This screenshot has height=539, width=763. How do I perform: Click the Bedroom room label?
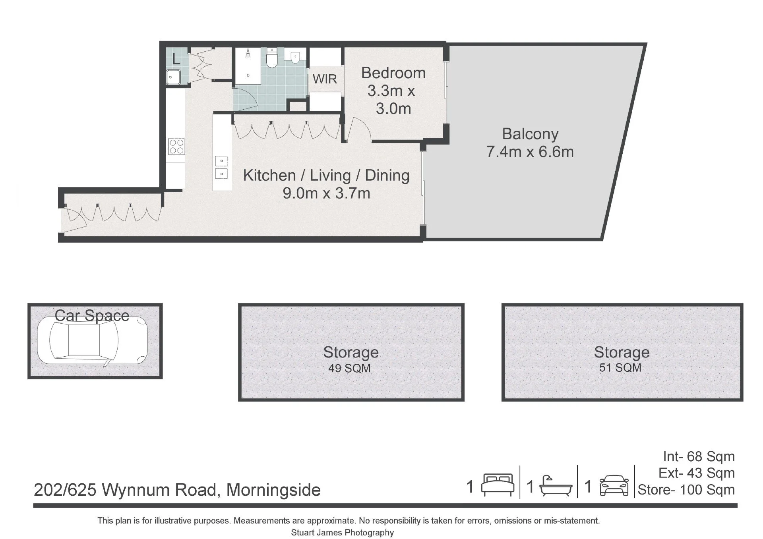[x=393, y=73]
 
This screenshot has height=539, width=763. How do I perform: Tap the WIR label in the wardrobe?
[x=325, y=79]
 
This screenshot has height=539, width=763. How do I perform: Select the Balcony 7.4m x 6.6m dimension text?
[x=530, y=152]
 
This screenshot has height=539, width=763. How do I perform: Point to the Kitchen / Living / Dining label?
[x=326, y=175]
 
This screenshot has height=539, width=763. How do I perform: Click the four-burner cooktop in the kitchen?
[x=176, y=146]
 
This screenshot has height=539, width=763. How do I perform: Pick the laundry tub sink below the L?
[x=173, y=77]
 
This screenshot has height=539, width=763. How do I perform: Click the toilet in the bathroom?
[x=272, y=58]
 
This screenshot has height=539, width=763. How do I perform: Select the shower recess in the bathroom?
[x=248, y=66]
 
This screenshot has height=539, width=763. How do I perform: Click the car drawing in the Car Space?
[x=93, y=340]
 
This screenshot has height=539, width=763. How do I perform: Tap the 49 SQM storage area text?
[x=349, y=368]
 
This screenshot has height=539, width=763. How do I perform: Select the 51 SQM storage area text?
[x=620, y=367]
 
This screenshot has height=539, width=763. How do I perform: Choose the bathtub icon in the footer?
[x=556, y=485]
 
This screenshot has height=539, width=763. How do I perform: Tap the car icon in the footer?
[x=614, y=485]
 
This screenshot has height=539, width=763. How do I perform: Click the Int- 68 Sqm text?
[x=699, y=456]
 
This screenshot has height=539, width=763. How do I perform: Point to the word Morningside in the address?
[x=273, y=490]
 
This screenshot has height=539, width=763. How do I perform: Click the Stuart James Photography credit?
[x=342, y=532]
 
